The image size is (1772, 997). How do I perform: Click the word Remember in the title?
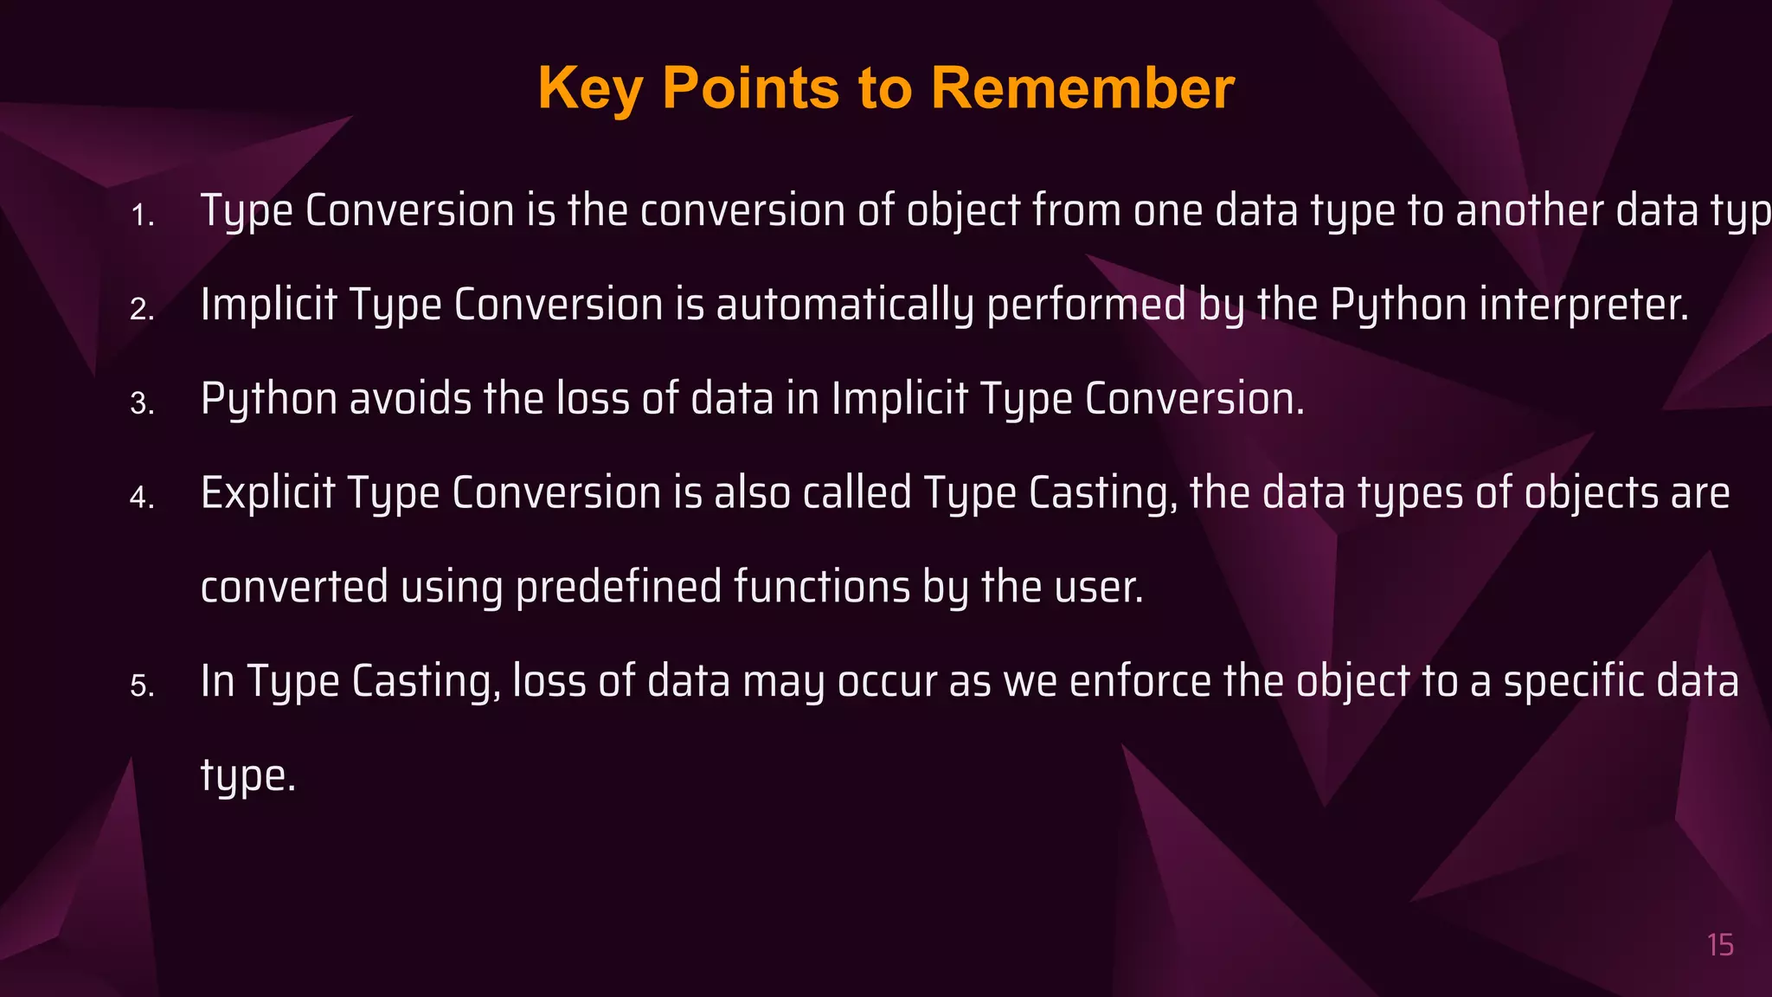click(x=1082, y=88)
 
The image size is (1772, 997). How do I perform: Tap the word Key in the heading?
click(x=589, y=90)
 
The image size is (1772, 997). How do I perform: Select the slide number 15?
click(x=1720, y=945)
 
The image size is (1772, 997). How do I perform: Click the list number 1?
click(x=142, y=215)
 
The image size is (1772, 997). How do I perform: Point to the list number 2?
click(x=142, y=310)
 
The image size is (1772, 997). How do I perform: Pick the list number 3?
click(x=142, y=404)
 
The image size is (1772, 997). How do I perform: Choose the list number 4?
click(x=142, y=498)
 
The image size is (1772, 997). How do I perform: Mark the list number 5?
click(x=142, y=687)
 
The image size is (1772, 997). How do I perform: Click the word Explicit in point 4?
click(x=267, y=493)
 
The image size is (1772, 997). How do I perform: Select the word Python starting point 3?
click(x=268, y=401)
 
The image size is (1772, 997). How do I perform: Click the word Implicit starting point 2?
click(x=268, y=306)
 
